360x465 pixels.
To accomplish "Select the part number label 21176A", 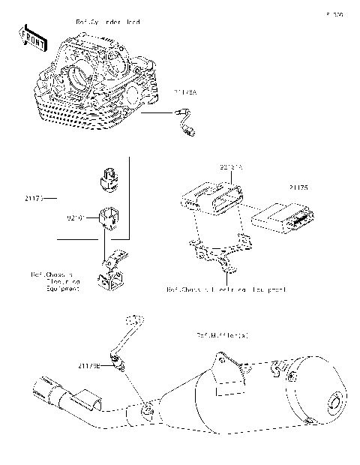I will pos(185,92).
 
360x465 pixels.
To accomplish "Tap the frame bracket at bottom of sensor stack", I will pos(110,271).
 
